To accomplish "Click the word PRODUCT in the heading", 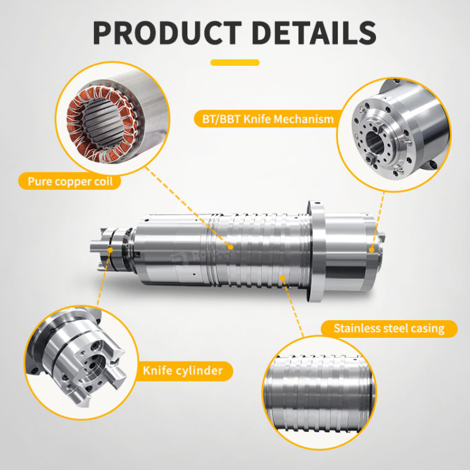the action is (x=167, y=33).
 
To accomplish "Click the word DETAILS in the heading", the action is (x=314, y=33).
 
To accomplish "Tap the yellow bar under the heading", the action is (x=235, y=63).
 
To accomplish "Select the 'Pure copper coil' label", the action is (x=70, y=181).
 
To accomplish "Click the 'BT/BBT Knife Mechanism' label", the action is (x=268, y=119).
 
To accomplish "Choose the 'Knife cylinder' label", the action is (x=183, y=371).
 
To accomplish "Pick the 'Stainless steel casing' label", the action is (x=389, y=328).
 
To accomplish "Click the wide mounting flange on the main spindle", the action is (x=317, y=251).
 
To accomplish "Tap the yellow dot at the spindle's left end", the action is (x=110, y=249).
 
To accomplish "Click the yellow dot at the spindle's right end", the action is (x=372, y=249).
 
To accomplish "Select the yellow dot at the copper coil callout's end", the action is (x=230, y=247).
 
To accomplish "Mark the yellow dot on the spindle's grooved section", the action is (x=283, y=278).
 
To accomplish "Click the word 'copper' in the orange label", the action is (x=73, y=182).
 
